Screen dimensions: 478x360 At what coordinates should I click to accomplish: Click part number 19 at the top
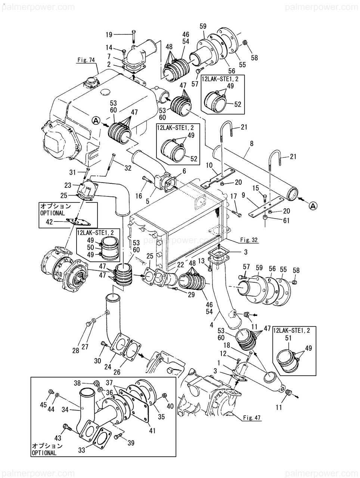click(x=109, y=35)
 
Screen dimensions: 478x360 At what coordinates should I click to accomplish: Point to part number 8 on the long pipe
click(x=251, y=143)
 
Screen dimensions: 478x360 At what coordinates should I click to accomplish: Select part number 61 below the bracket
click(x=286, y=221)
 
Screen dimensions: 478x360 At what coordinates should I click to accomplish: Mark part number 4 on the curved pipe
click(x=212, y=325)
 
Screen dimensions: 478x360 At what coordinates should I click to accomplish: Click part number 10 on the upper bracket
click(x=209, y=165)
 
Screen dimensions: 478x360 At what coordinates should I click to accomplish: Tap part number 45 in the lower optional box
click(x=43, y=405)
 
